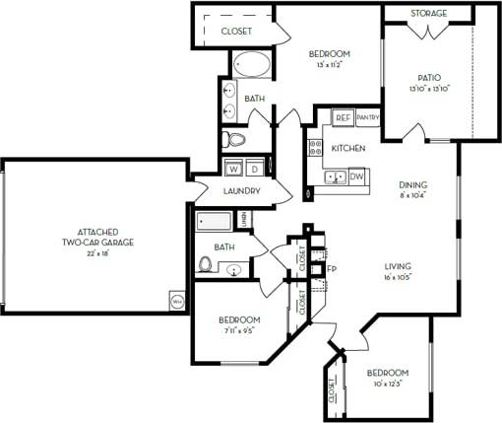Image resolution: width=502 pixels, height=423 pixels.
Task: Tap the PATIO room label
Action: click(427, 77)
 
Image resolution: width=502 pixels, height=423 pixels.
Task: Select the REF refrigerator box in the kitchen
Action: click(343, 117)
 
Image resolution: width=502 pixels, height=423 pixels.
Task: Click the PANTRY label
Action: click(368, 117)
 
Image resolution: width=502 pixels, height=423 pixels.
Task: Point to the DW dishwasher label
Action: click(357, 176)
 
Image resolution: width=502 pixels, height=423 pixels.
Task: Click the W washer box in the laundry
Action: click(235, 167)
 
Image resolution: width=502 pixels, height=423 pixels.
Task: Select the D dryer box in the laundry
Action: click(254, 167)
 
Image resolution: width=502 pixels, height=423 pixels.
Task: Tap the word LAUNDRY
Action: click(241, 190)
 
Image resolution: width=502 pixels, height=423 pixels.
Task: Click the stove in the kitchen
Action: click(316, 148)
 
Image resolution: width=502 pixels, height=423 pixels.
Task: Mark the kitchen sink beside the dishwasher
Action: click(335, 177)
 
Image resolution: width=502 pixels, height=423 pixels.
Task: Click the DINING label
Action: click(412, 184)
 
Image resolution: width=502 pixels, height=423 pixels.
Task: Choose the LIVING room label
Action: click(398, 266)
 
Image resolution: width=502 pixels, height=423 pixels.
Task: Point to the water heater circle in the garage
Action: click(177, 300)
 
